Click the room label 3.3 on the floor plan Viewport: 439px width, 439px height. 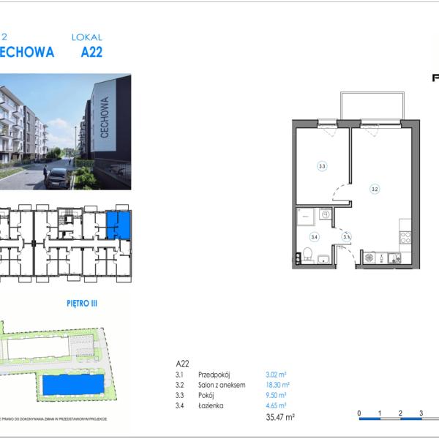coord(321,166)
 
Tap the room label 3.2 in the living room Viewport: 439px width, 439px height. coord(375,189)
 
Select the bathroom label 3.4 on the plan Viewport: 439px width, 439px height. coord(314,236)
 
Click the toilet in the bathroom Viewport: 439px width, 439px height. coord(309,254)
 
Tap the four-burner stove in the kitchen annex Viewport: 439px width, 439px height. coord(405,238)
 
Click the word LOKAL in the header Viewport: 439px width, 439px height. coord(87,37)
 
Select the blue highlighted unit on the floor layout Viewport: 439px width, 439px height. coord(119,225)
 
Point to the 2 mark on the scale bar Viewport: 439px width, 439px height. coord(400,413)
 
